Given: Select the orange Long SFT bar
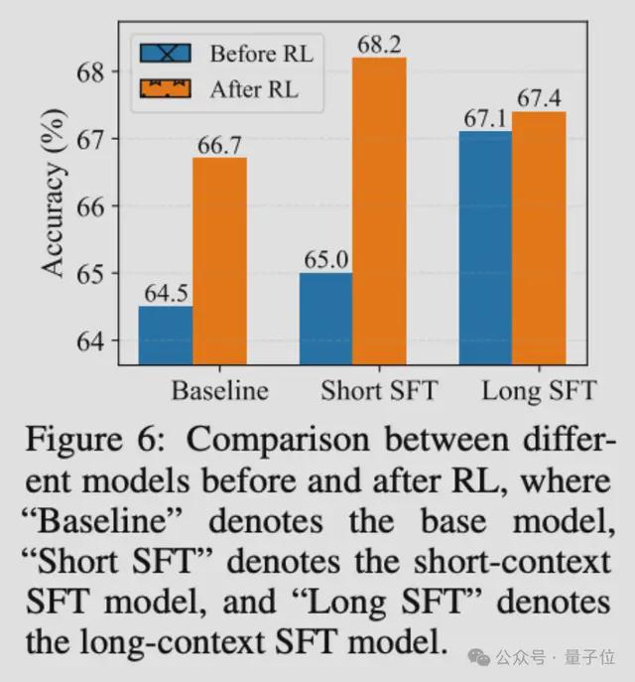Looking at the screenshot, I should (539, 238).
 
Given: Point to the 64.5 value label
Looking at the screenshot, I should (166, 295).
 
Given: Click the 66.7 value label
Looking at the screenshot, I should (220, 146).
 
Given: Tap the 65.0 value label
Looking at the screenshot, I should (325, 261).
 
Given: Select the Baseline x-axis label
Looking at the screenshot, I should (219, 391).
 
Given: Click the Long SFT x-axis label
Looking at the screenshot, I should (539, 391).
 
